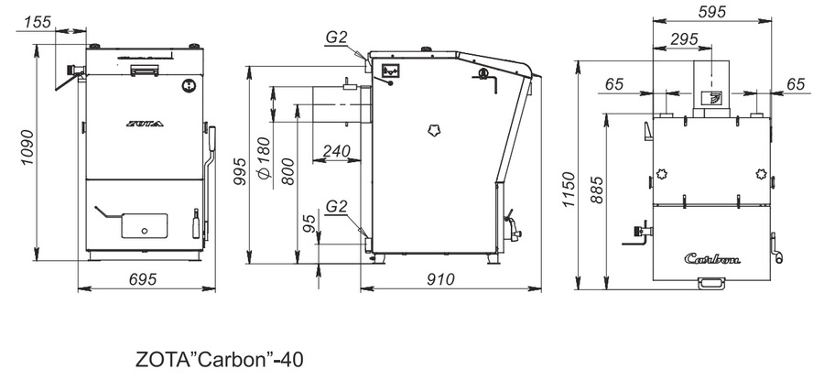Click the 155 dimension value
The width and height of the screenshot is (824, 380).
click(x=38, y=22)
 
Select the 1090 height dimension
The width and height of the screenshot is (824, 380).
click(x=27, y=147)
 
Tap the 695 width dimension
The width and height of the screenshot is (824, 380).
click(x=143, y=279)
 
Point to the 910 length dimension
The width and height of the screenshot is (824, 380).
click(x=440, y=279)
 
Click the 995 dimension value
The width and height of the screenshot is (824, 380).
click(x=239, y=171)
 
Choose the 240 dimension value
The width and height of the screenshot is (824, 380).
click(x=336, y=151)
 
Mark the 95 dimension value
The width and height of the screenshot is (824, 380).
click(x=310, y=223)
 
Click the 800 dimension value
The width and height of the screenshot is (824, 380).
click(x=287, y=171)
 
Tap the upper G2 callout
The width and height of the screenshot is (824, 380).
click(x=336, y=38)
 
